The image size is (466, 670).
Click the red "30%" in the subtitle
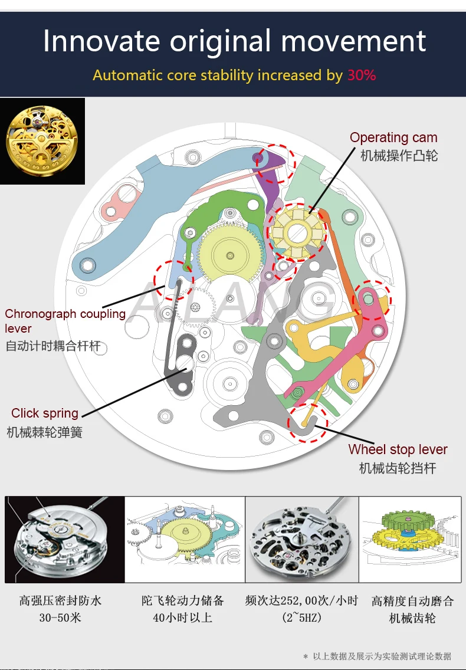coord(362,75)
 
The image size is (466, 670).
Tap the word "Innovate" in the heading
coord(101,41)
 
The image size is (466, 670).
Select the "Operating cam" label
coord(393,137)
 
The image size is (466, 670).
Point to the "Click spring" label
coord(45,413)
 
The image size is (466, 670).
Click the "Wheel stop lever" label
coord(398,449)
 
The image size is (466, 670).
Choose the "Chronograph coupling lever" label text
coord(65,321)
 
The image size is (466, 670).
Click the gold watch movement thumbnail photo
coord(42,141)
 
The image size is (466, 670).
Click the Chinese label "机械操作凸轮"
coord(399,156)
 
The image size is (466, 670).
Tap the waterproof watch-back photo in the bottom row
coord(65,539)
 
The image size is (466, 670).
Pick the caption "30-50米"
coord(60,618)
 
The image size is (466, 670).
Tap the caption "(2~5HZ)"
coord(301,618)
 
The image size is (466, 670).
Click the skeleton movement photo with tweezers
coord(301,539)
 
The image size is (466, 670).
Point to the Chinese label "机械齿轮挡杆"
coord(398,469)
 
